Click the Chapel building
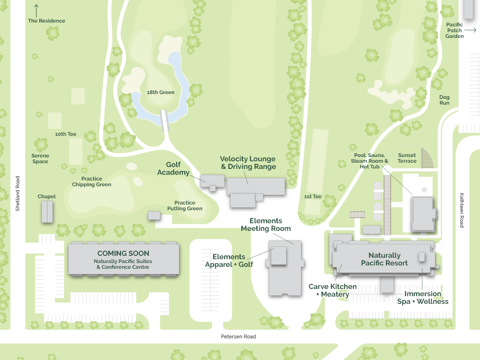click(47, 212)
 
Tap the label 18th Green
click(161, 92)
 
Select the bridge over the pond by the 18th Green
click(165, 120)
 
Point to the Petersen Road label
click(238, 336)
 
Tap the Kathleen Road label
click(462, 210)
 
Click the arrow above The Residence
click(36, 10)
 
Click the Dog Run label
click(444, 100)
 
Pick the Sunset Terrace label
click(407, 158)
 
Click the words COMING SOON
click(123, 253)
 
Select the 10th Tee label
click(66, 134)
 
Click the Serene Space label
click(40, 158)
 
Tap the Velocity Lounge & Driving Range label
click(248, 163)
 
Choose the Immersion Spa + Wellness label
click(422, 298)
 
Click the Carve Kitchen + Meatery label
click(332, 290)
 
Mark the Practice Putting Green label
click(185, 205)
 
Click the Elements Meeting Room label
click(266, 225)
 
